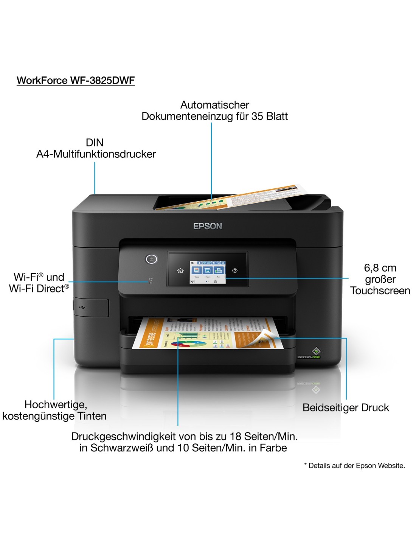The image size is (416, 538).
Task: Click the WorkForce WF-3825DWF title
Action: (x=76, y=80)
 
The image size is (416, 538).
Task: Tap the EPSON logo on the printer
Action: (x=208, y=226)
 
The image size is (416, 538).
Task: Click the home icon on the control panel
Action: (x=180, y=271)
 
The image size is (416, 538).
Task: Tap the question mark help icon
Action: (x=235, y=271)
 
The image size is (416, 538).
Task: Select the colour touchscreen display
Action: (x=207, y=272)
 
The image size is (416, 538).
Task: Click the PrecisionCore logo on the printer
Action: (x=315, y=352)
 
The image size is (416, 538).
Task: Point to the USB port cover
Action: (x=92, y=307)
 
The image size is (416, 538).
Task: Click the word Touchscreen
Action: (x=380, y=291)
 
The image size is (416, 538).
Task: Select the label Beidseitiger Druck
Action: (x=346, y=407)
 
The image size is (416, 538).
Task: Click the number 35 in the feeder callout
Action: (x=257, y=116)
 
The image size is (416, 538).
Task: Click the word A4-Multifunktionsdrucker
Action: (x=96, y=154)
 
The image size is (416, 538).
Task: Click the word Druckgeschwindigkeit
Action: (x=123, y=436)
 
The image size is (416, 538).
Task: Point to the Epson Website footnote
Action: (x=354, y=465)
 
